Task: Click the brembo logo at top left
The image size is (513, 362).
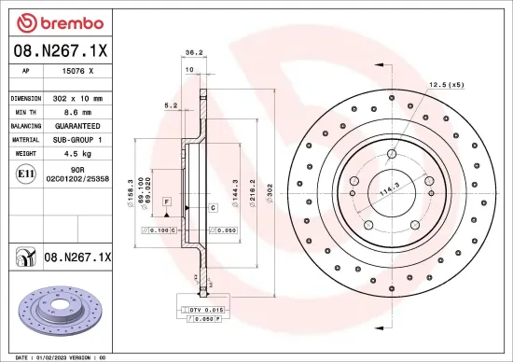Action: click(x=47, y=21)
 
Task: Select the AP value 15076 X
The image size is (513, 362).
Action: click(x=78, y=71)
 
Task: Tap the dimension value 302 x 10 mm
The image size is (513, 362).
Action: click(x=78, y=98)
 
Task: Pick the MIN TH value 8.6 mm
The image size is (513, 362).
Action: click(x=78, y=111)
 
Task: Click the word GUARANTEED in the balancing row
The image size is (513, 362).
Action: click(x=78, y=125)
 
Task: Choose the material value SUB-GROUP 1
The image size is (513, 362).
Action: click(x=78, y=138)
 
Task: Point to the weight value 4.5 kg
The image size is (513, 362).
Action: click(x=78, y=152)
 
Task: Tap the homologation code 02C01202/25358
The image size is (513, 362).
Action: click(x=78, y=177)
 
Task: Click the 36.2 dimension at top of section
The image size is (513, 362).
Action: click(x=194, y=53)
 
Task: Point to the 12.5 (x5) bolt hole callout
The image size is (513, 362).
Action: click(x=446, y=85)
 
